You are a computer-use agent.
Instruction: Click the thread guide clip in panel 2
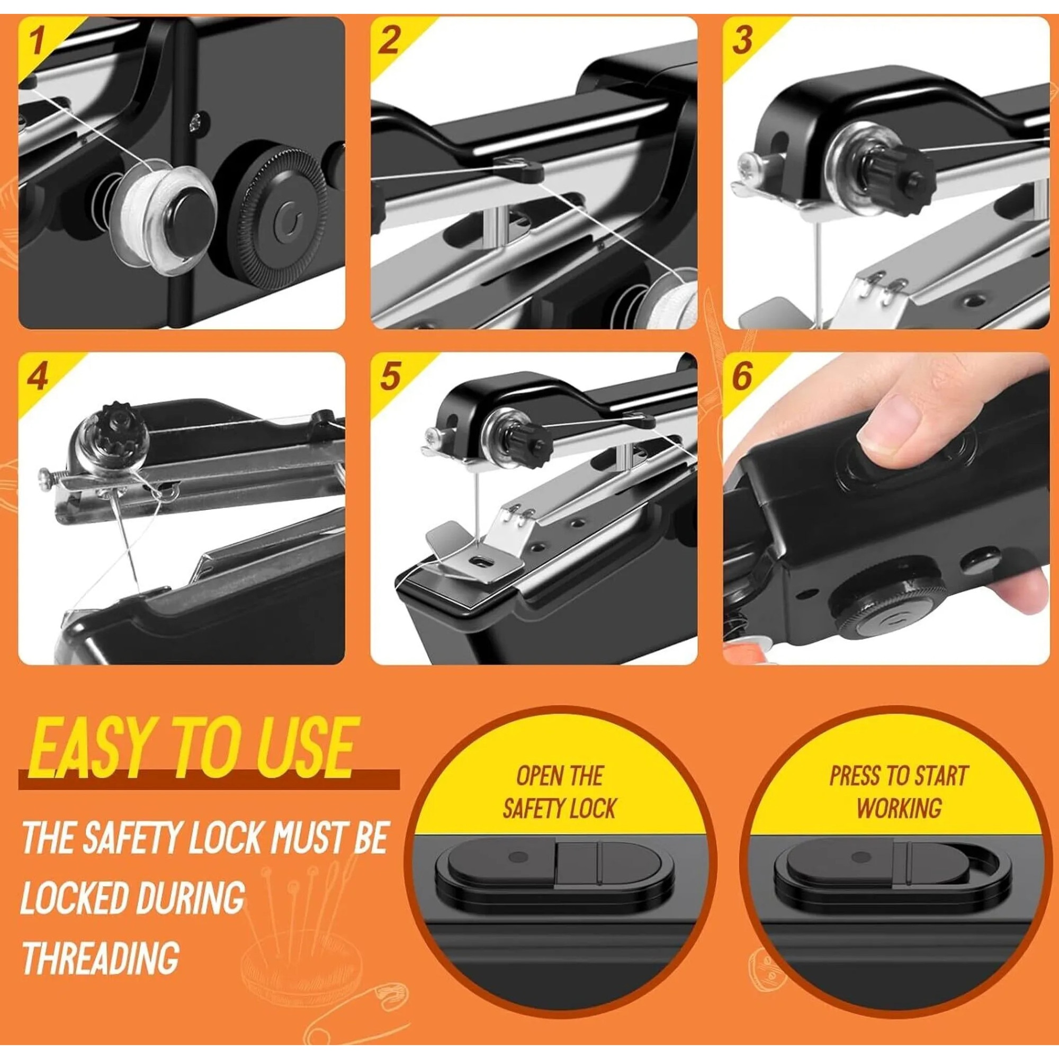point(517,167)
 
